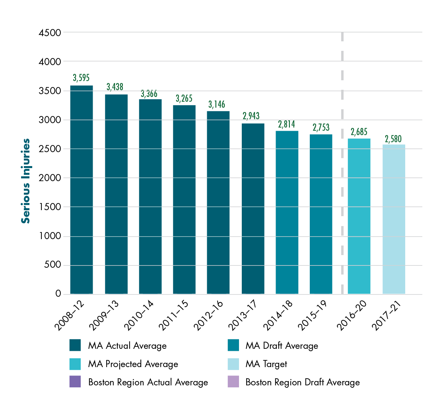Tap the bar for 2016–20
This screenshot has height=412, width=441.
(359, 217)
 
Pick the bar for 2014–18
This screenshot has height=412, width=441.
(287, 213)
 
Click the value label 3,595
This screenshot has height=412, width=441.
(81, 77)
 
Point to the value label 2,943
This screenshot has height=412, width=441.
(253, 116)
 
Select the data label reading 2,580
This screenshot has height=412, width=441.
(393, 139)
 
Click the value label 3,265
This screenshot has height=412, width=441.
(184, 98)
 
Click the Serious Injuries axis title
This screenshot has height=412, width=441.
(26, 181)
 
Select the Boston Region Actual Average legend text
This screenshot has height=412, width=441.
(148, 382)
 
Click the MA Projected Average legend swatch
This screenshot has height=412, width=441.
(75, 364)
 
